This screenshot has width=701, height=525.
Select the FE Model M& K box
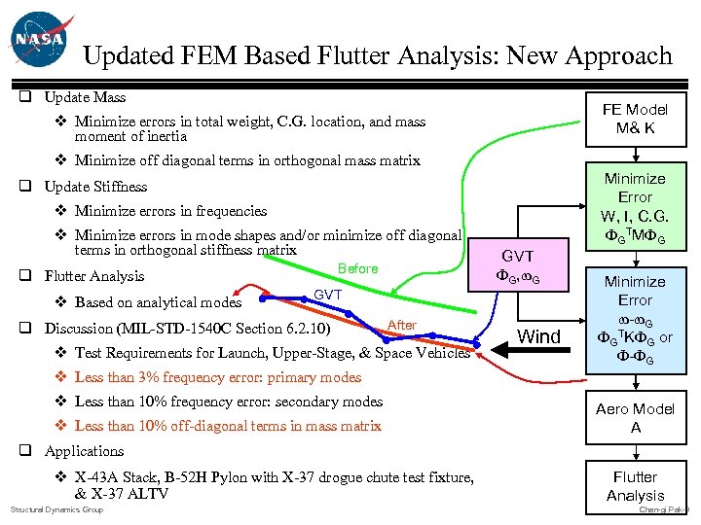[635, 119]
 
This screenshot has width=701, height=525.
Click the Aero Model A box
[635, 418]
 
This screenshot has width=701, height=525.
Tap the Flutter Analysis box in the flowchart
[635, 486]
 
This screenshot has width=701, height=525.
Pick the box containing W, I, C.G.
[635, 206]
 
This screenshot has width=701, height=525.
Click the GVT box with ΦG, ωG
[518, 266]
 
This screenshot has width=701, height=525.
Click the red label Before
[357, 268]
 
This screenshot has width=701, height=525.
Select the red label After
[401, 325]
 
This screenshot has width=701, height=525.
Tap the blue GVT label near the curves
[327, 294]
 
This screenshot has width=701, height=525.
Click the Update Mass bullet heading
[85, 97]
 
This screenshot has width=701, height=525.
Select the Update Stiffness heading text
[95, 186]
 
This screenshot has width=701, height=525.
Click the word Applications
[84, 451]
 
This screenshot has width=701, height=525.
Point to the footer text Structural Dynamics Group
[55, 509]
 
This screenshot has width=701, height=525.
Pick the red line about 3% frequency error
[217, 377]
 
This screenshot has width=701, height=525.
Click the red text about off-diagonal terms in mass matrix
[228, 426]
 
